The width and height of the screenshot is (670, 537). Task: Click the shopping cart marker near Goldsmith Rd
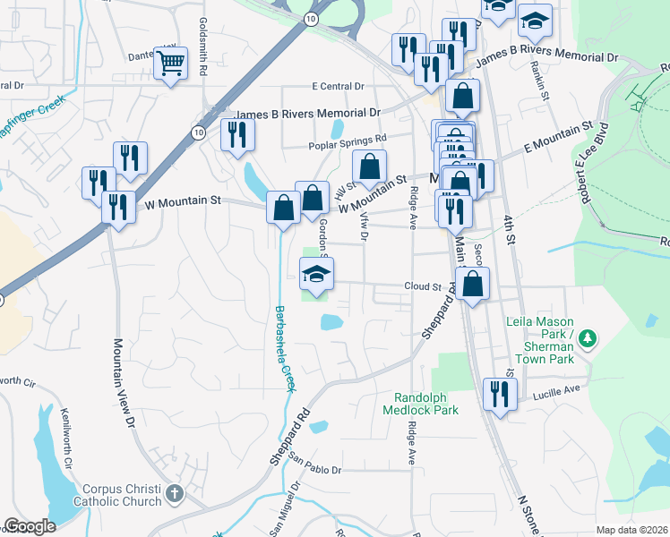click(170, 63)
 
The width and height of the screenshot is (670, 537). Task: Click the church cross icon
click(175, 492)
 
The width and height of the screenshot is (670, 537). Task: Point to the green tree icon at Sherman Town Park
click(587, 338)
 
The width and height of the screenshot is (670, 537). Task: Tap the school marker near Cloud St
click(316, 273)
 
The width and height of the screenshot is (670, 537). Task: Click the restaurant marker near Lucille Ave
click(499, 393)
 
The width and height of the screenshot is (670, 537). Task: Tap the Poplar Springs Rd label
click(346, 139)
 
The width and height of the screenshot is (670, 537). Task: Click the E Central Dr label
click(338, 87)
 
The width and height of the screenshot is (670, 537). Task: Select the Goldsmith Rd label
click(204, 39)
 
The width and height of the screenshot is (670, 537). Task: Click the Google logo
click(30, 526)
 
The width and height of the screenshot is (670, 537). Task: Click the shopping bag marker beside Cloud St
click(473, 283)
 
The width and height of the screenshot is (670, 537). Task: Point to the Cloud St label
click(423, 287)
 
